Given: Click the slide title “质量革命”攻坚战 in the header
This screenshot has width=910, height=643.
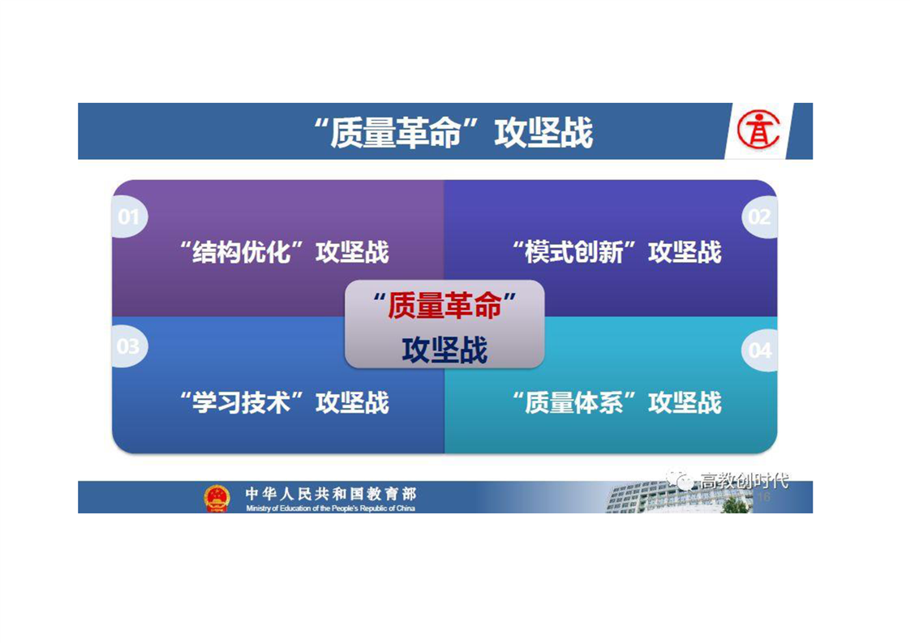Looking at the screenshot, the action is point(453,131).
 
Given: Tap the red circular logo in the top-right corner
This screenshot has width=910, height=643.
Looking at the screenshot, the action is point(758,130).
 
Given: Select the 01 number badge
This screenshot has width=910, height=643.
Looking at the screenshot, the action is point(129,217).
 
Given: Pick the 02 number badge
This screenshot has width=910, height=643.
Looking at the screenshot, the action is point(760,217).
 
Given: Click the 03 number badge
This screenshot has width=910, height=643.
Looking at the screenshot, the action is point(128,347).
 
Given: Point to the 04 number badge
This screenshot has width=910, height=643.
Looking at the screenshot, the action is point(760,350).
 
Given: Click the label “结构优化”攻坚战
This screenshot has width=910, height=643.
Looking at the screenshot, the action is point(284,252).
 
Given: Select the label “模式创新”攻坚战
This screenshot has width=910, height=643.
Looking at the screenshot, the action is point(616,252).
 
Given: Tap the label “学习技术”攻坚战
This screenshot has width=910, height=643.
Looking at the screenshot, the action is point(284,402).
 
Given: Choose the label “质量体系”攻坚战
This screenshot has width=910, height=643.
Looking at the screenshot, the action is point(616,402).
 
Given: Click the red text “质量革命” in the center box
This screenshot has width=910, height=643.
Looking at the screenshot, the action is point(444,305).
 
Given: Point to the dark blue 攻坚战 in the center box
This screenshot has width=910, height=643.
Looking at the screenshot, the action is point(444,350).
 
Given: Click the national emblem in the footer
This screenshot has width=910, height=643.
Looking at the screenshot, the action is point(217,498).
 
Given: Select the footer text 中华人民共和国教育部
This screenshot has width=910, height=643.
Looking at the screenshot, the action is point(331,494).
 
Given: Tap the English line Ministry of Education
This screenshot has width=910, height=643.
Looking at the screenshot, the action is point(330,508).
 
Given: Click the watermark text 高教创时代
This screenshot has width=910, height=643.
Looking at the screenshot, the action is point(744,481).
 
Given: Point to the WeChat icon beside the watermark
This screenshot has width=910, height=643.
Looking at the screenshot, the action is point(680,480).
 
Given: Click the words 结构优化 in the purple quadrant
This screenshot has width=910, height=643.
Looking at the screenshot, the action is point(242,252).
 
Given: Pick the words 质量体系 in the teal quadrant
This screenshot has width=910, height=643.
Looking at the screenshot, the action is point(574,402).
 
